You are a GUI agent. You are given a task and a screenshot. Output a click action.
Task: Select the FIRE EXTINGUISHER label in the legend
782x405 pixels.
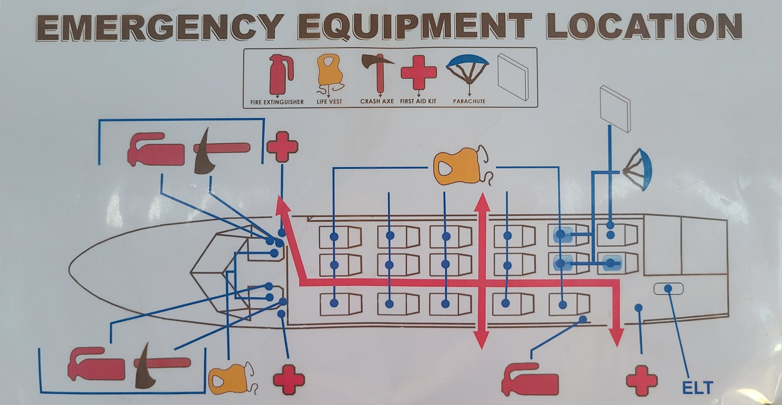[x=277, y=102]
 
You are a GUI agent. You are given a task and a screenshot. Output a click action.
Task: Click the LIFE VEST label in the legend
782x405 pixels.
[x=329, y=102]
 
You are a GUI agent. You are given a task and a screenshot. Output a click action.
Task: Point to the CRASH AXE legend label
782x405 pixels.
[x=377, y=101]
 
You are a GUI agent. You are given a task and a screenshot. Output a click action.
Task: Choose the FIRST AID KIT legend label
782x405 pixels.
[x=418, y=101]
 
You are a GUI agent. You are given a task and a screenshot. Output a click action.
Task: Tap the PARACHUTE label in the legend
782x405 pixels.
[x=469, y=101]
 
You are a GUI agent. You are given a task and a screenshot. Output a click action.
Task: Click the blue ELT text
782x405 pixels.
[x=697, y=387]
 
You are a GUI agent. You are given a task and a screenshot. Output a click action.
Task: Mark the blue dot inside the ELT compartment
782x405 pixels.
[x=668, y=288]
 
